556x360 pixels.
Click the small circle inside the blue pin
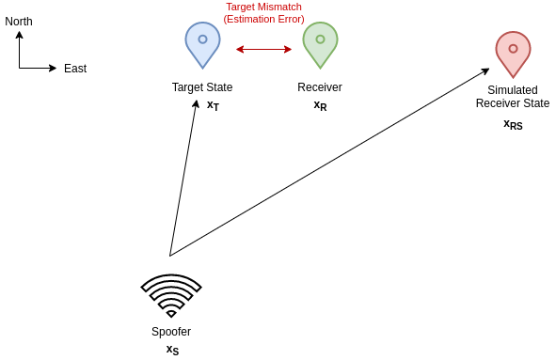pyautogui.click(x=202, y=39)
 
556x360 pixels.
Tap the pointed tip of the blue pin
pyautogui.click(x=202, y=68)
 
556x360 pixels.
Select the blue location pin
pyautogui.click(x=202, y=43)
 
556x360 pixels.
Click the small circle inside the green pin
pyautogui.click(x=320, y=39)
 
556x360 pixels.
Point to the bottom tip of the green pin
pyautogui.click(x=320, y=68)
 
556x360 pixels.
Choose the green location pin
pyautogui.click(x=320, y=43)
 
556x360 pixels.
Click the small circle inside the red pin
pyautogui.click(x=513, y=49)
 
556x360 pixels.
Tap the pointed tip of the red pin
pyautogui.click(x=513, y=77)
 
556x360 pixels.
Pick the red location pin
pyautogui.click(x=513, y=53)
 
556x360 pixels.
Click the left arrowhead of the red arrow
pyautogui.click(x=240, y=49)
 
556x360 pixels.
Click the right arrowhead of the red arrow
pyautogui.click(x=288, y=49)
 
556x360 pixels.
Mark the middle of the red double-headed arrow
pyautogui.click(x=263, y=49)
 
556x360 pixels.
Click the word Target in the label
pyautogui.click(x=242, y=7)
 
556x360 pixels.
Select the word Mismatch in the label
pyautogui.click(x=281, y=7)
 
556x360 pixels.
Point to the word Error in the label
pyautogui.click(x=291, y=19)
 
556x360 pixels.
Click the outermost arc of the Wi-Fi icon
pyautogui.click(x=171, y=280)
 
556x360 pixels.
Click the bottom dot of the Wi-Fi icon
pyautogui.click(x=171, y=313)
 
